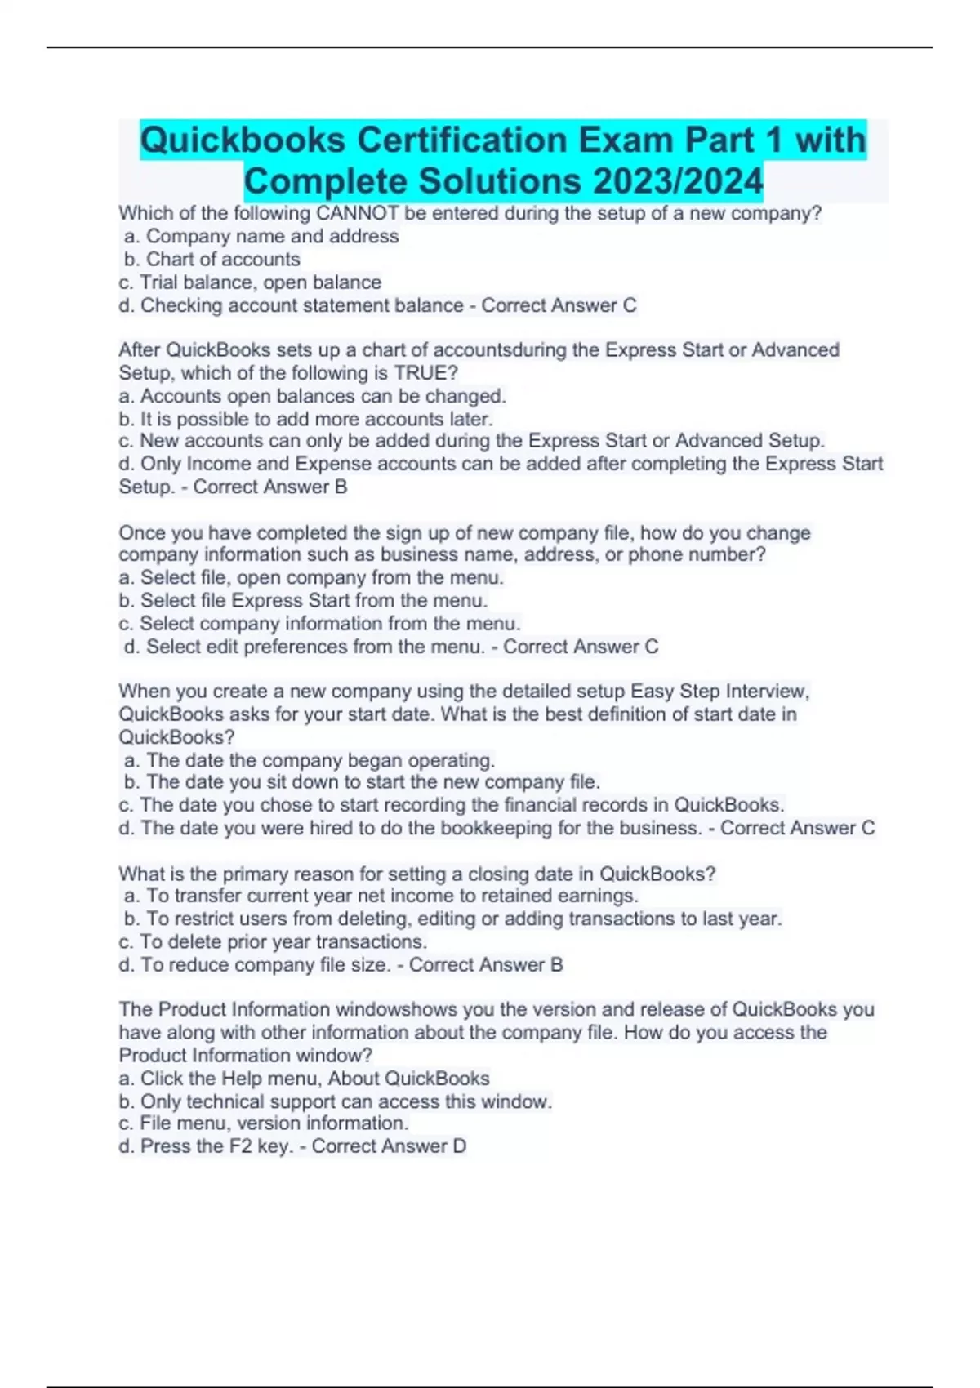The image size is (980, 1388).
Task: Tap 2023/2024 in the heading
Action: pyautogui.click(x=678, y=181)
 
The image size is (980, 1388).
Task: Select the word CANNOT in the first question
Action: pyautogui.click(x=357, y=214)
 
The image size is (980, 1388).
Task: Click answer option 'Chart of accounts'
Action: pyautogui.click(x=222, y=260)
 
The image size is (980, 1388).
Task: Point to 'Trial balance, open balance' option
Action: pyautogui.click(x=260, y=282)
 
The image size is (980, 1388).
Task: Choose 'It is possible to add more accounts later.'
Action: pyautogui.click(x=316, y=420)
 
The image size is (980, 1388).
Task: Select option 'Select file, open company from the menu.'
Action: pyautogui.click(x=322, y=578)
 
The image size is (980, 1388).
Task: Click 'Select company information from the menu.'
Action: pyautogui.click(x=329, y=624)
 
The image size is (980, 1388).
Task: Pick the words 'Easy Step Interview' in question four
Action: pyautogui.click(x=719, y=692)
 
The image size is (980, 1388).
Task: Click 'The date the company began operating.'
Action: pyautogui.click(x=320, y=760)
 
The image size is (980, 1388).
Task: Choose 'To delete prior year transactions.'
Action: pyautogui.click(x=283, y=942)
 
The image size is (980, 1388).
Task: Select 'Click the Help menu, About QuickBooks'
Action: pyautogui.click(x=314, y=1079)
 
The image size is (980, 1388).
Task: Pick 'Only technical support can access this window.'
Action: pyautogui.click(x=345, y=1101)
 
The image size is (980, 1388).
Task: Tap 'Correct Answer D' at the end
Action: pyautogui.click(x=389, y=1146)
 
